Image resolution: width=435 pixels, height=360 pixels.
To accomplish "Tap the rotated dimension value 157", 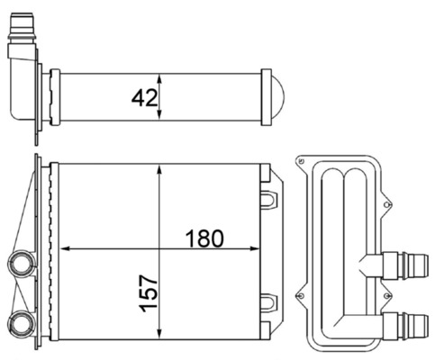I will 149,293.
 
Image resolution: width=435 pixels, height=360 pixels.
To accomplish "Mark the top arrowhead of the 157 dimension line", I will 159,169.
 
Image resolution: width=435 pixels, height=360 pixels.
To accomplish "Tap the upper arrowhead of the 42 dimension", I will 159,74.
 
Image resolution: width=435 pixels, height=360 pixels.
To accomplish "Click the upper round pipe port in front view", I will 19,265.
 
